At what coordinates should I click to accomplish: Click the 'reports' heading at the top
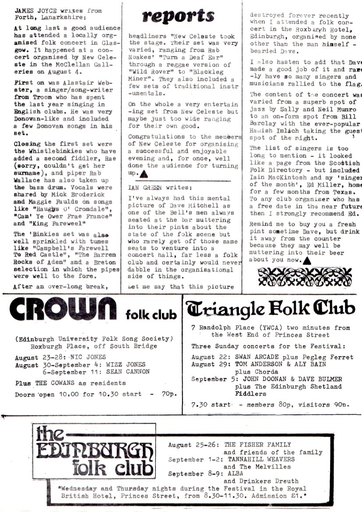[178, 16]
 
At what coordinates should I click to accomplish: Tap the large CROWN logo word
[64, 310]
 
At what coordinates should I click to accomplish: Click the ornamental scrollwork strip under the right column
[302, 277]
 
